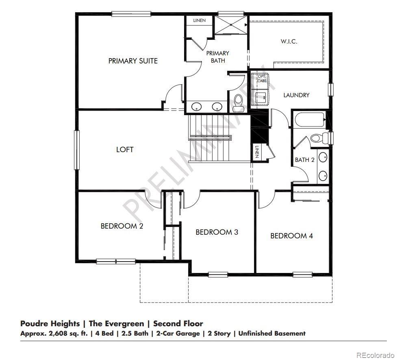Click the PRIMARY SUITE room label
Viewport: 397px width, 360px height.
[133, 61]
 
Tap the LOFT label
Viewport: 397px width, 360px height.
[125, 149]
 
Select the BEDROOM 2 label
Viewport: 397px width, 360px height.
[122, 226]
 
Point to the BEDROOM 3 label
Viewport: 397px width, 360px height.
[217, 232]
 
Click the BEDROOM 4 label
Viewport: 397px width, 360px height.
[291, 236]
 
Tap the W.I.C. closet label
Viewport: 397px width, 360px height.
[289, 41]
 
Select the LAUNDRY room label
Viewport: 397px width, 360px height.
[296, 95]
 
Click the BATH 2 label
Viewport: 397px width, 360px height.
[304, 160]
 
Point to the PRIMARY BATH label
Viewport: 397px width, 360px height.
[218, 57]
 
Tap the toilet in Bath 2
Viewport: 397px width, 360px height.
[320, 138]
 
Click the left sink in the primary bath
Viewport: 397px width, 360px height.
[197, 107]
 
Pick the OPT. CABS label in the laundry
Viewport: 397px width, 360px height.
[262, 79]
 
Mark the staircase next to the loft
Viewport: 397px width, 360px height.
[209, 138]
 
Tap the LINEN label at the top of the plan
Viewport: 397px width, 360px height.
[199, 20]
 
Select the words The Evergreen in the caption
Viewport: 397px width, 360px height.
[116, 324]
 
